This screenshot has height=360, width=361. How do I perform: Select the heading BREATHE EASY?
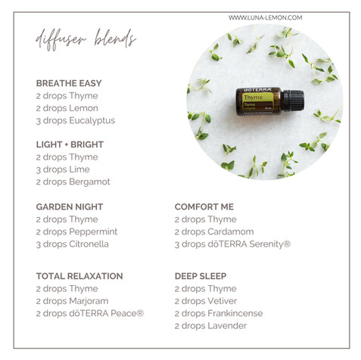click(69, 83)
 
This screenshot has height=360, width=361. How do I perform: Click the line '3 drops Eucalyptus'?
click(76, 120)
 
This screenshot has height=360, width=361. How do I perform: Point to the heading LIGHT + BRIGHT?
click(70, 144)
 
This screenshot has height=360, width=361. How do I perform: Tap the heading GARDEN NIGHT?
click(70, 206)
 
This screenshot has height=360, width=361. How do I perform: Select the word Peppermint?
click(94, 231)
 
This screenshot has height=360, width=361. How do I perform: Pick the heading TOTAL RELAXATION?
click(79, 276)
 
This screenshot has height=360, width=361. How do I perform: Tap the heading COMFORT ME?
click(204, 206)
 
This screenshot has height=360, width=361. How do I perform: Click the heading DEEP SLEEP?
click(201, 276)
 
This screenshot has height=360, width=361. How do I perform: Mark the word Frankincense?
click(239, 313)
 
